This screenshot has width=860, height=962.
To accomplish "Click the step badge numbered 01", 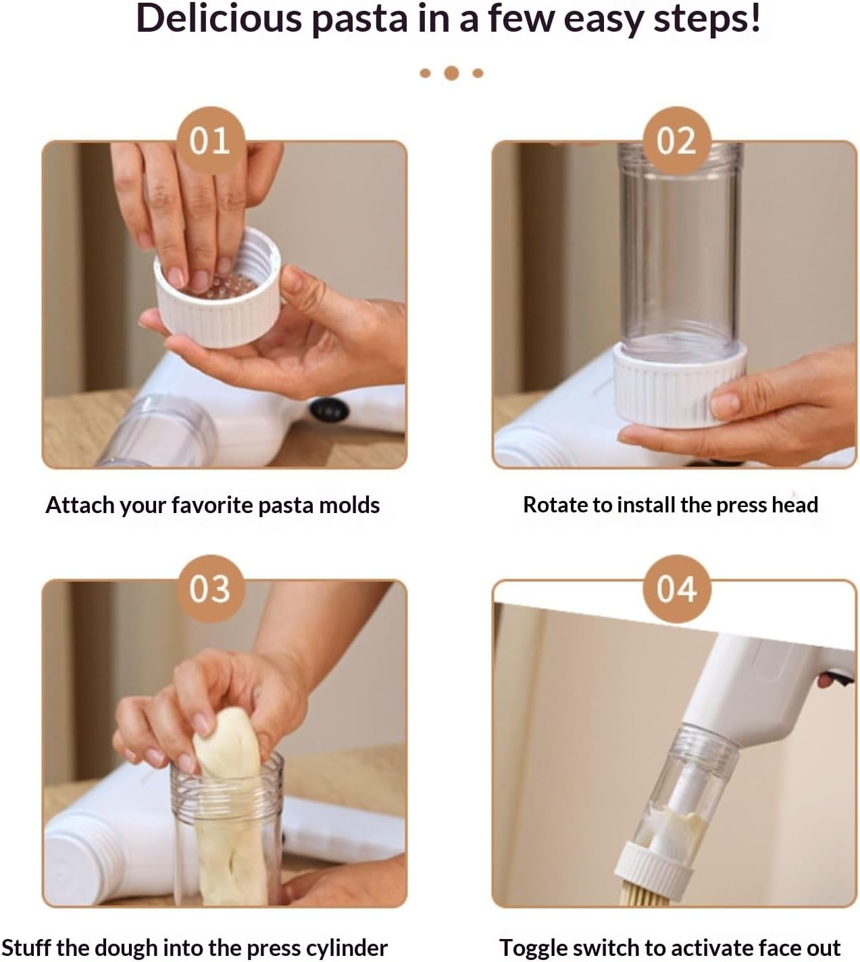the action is point(211,140).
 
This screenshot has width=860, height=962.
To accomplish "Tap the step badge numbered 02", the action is point(677,140).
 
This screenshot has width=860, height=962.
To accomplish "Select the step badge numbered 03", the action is point(211,589).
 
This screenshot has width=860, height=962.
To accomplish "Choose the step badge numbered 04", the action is point(677,589).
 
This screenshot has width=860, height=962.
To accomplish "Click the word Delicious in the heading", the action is point(219,19).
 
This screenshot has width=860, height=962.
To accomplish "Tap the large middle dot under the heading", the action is point(451,73).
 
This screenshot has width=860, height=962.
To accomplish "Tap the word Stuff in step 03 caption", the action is point(26,948).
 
